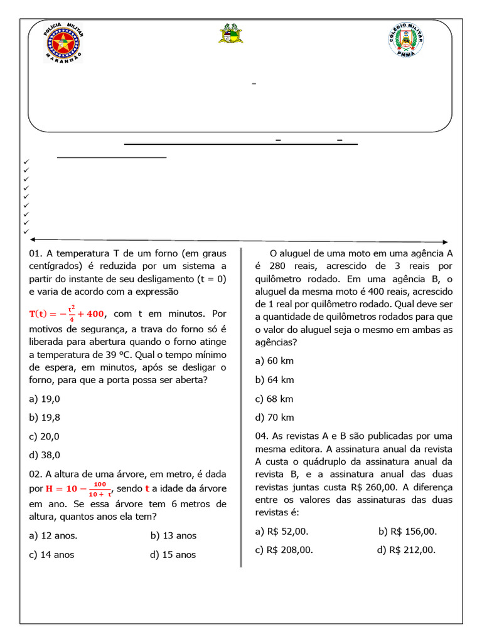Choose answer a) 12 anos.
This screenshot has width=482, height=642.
[x=53, y=535]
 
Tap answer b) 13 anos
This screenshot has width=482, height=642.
[x=173, y=535]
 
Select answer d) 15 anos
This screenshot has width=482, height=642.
[x=173, y=554]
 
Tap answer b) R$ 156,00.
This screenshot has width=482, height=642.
[x=407, y=531]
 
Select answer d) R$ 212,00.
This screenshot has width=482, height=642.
[x=406, y=550]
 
